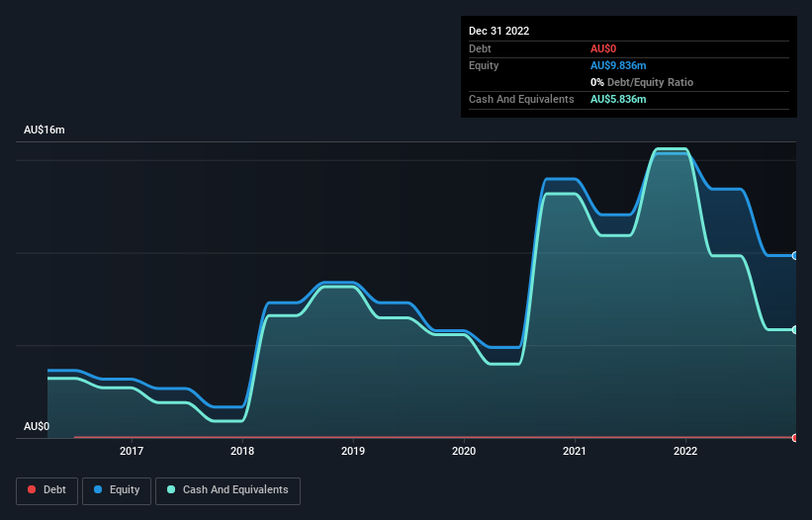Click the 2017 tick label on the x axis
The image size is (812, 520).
pyautogui.click(x=131, y=452)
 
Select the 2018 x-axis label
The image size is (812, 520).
pyautogui.click(x=242, y=452)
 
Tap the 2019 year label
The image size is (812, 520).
pyautogui.click(x=353, y=452)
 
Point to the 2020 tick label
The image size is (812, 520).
pyautogui.click(x=464, y=452)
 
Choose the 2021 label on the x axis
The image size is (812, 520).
pyautogui.click(x=575, y=452)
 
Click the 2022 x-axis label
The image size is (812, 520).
pyautogui.click(x=685, y=452)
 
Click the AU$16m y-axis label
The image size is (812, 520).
pyautogui.click(x=44, y=130)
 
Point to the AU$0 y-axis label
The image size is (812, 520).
pyautogui.click(x=37, y=427)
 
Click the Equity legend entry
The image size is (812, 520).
pyautogui.click(x=117, y=490)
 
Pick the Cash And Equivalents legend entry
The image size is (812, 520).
pyautogui.click(x=227, y=490)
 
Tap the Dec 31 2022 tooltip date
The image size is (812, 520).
pyautogui.click(x=498, y=31)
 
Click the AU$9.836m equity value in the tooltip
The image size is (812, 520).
pyautogui.click(x=618, y=65)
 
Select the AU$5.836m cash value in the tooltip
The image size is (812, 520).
pyautogui.click(x=618, y=99)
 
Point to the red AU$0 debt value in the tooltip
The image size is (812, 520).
pyautogui.click(x=604, y=48)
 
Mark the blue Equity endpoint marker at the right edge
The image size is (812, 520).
pyautogui.click(x=795, y=255)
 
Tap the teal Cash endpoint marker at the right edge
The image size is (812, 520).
pyautogui.click(x=795, y=329)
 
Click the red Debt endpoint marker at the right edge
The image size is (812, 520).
pyautogui.click(x=795, y=437)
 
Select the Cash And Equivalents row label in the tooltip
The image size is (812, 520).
pyautogui.click(x=521, y=99)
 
